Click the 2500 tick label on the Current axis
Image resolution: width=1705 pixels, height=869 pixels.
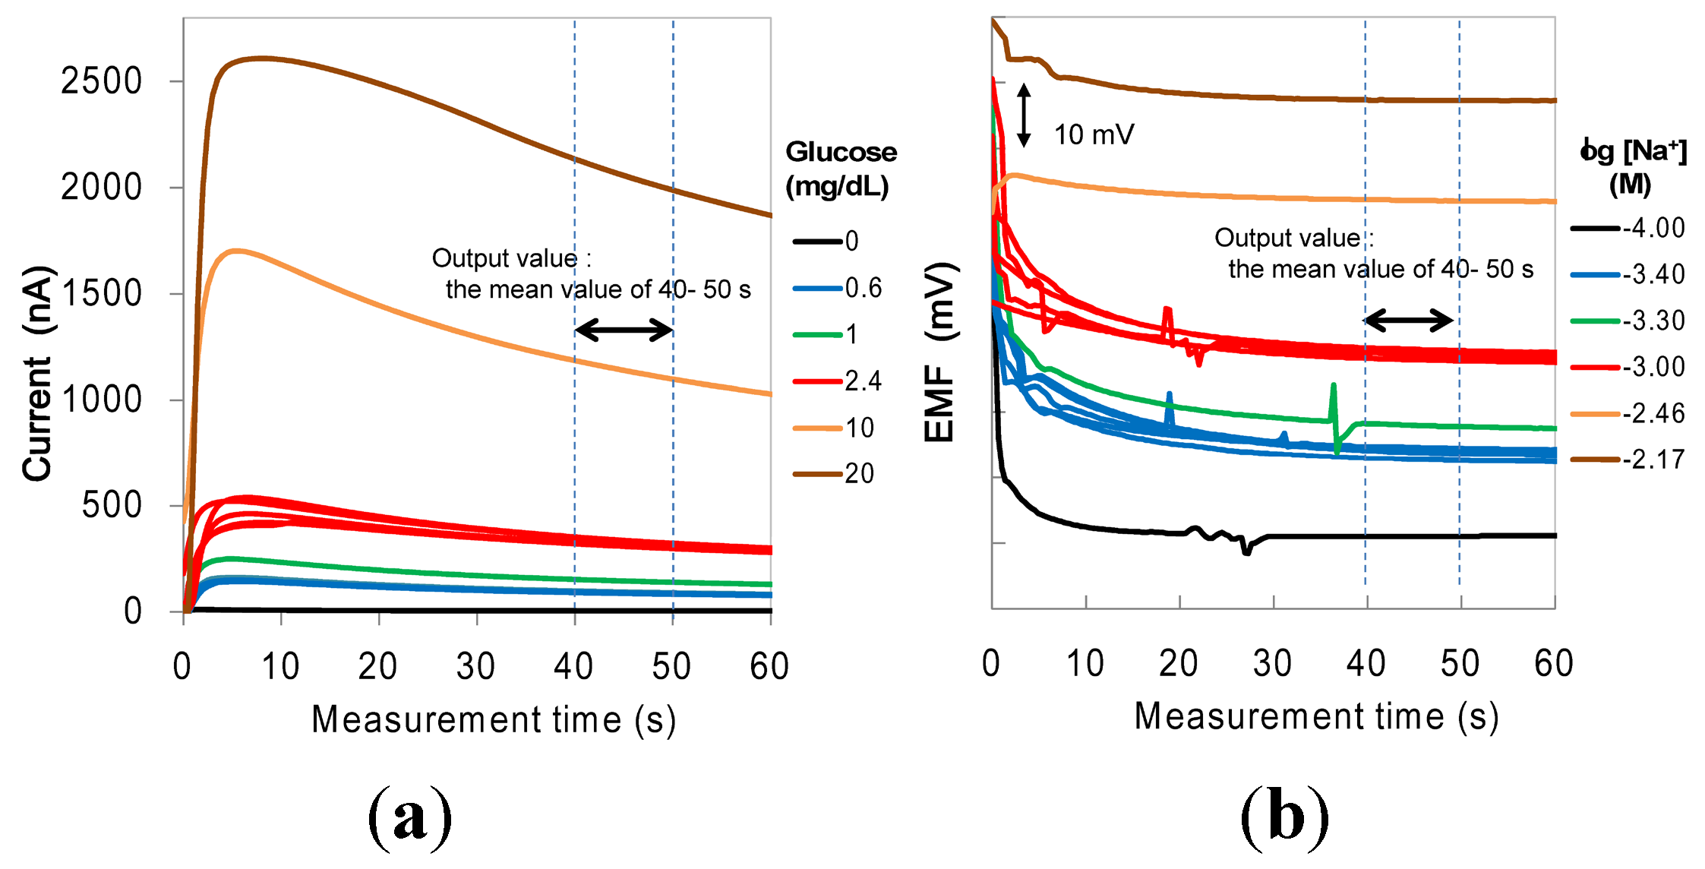click(101, 81)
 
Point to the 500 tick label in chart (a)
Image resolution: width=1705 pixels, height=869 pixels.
click(112, 505)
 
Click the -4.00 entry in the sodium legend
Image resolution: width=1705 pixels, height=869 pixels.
click(1628, 228)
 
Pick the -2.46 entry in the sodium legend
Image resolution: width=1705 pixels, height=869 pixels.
click(1628, 413)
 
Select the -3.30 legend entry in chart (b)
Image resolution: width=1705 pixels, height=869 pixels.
click(1628, 321)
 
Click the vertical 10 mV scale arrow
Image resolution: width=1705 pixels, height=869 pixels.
click(1024, 115)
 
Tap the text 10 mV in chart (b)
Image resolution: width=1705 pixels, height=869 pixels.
click(1094, 135)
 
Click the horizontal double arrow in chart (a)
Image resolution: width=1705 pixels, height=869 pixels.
click(624, 330)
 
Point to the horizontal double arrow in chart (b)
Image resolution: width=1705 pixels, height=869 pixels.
click(1409, 321)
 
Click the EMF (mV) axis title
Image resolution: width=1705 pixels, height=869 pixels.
click(940, 352)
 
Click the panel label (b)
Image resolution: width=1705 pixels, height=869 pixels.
click(1284, 817)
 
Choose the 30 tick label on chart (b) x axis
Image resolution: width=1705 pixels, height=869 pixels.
click(1272, 663)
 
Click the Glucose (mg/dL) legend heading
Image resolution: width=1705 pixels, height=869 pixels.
click(840, 169)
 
